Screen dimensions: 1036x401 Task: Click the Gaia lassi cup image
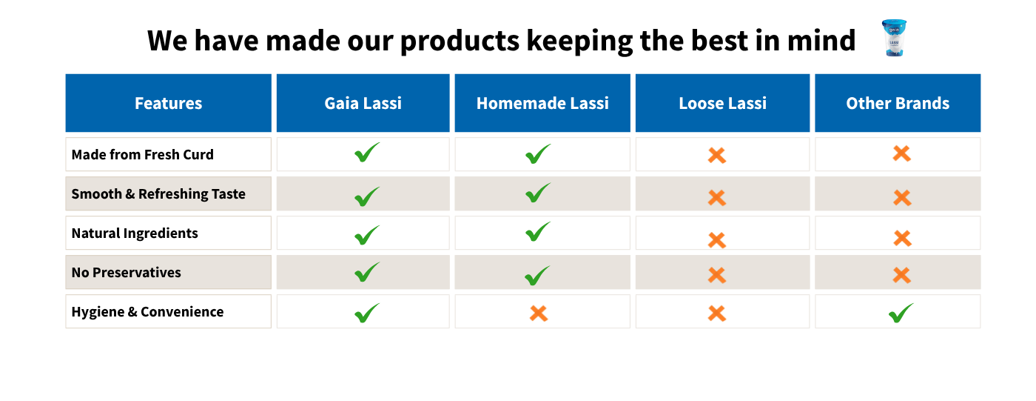pos(894,38)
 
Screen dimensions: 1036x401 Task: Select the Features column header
pos(169,103)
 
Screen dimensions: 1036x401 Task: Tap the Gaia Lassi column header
pos(363,103)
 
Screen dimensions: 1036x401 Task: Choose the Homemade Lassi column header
pos(542,103)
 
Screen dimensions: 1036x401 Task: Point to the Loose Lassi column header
pos(722,103)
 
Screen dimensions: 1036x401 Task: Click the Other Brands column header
pos(898,103)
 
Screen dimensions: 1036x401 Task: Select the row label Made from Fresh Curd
pos(142,154)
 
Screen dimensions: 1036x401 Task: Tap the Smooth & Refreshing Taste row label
pos(158,193)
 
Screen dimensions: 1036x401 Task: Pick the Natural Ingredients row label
pos(135,233)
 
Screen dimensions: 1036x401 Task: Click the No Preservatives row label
pos(126,272)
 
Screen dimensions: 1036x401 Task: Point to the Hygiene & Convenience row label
pos(147,311)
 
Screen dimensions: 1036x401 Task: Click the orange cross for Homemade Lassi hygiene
pos(539,314)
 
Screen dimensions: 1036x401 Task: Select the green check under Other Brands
pos(901,314)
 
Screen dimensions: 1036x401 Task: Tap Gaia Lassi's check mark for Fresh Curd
pos(367,153)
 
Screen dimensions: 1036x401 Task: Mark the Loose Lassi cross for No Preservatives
pos(717,275)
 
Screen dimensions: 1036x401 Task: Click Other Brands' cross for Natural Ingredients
pos(902,239)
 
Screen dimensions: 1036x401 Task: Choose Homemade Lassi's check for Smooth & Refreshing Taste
pos(538,193)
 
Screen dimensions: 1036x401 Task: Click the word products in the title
pos(460,42)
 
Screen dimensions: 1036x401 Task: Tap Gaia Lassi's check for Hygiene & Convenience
pos(367,313)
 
